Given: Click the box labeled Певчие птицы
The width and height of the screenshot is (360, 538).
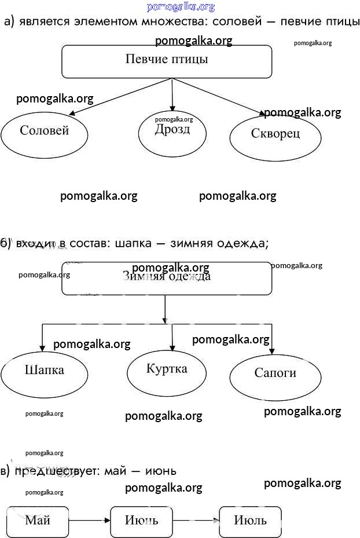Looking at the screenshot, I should click(x=167, y=61).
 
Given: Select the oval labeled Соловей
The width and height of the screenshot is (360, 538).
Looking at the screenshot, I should click(x=45, y=133).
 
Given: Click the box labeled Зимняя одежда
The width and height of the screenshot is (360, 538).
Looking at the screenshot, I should click(x=167, y=279).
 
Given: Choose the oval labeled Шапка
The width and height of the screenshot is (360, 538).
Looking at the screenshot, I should click(x=45, y=372).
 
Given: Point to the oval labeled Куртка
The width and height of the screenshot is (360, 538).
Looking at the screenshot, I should click(x=167, y=371).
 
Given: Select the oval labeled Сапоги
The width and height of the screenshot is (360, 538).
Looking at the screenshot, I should click(x=275, y=375).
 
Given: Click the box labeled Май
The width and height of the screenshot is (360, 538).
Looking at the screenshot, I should click(x=38, y=520).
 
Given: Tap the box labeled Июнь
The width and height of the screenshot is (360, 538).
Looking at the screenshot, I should click(x=141, y=520).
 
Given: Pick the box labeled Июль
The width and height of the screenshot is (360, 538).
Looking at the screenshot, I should click(x=250, y=520).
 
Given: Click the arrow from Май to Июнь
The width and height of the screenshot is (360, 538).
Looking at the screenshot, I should click(x=89, y=520).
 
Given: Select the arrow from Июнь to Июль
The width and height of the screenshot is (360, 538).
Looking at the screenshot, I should click(x=196, y=520).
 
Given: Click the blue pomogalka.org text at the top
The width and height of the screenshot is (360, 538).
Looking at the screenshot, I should click(x=181, y=7).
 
